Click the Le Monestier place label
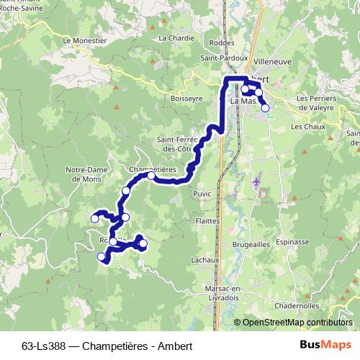click(84, 41)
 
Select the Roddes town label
click(217, 42)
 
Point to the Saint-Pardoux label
click(224, 58)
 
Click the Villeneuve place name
click(273, 62)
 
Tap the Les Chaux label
click(305, 126)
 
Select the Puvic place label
click(202, 193)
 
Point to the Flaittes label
click(207, 222)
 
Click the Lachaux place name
click(205, 259)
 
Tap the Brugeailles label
click(251, 246)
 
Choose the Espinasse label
click(292, 243)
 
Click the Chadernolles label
click(296, 305)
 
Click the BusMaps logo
click(325, 344)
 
